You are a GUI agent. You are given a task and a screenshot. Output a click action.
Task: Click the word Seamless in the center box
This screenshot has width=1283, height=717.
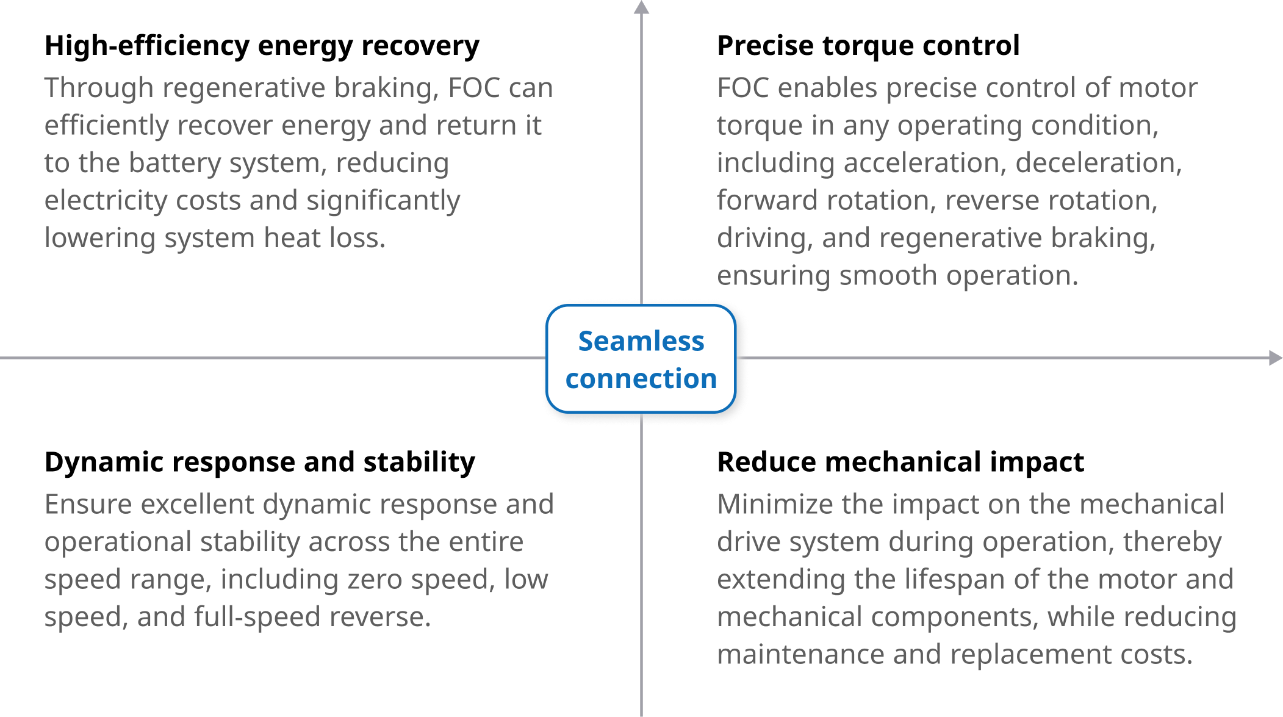[x=641, y=340]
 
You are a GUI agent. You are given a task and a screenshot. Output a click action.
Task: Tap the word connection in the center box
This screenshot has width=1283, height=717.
[x=641, y=378]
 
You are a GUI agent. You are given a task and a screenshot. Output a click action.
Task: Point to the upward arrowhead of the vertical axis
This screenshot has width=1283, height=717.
[x=641, y=7]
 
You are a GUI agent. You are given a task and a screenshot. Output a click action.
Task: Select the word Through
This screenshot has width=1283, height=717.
[x=98, y=88]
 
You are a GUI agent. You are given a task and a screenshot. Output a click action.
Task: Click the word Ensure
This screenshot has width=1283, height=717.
[x=88, y=505]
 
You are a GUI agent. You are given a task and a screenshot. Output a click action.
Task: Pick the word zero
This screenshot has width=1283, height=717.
[x=375, y=580]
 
